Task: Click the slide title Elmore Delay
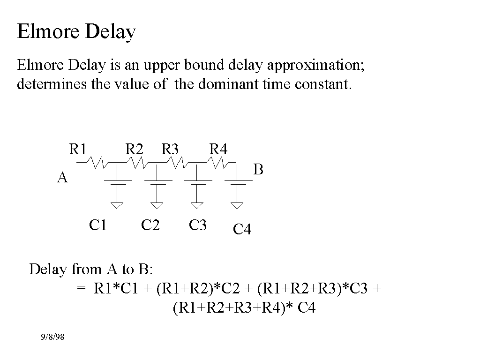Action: pos(76,31)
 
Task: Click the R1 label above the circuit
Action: pos(78,149)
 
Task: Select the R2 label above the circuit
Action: pos(134,149)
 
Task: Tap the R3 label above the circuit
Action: pos(170,149)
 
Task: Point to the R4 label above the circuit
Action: pos(218,149)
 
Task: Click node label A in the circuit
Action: pos(62,177)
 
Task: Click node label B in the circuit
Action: pos(258,169)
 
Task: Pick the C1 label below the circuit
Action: pos(97,225)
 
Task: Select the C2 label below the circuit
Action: pos(150,225)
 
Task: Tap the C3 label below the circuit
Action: pos(198,225)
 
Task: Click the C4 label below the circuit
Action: pos(242,229)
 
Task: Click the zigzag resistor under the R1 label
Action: pos(97,163)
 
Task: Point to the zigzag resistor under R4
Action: pos(218,163)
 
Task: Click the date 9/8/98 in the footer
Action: pos(52,337)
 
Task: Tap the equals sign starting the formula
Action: pos(81,288)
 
